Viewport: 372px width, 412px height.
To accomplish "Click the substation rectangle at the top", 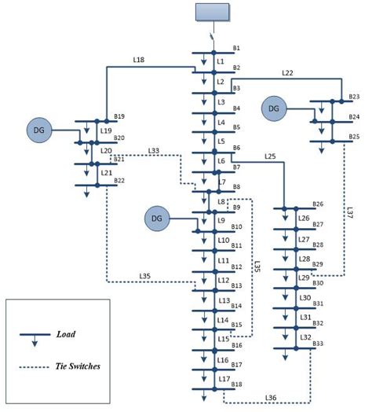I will [212, 12].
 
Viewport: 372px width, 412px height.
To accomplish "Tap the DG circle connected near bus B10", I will [157, 217].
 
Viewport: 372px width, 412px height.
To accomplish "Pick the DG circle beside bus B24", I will [275, 108].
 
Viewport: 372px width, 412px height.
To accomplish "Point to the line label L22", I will [287, 73].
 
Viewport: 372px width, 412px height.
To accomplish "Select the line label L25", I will [271, 156].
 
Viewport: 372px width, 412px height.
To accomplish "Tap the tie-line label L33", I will [153, 151].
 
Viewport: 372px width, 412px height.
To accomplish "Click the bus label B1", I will [236, 49].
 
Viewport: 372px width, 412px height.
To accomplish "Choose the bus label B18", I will [236, 384].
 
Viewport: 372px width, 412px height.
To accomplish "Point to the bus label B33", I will [318, 344].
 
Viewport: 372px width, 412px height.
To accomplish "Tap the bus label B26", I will [318, 204].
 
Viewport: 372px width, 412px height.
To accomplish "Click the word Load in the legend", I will [66, 334].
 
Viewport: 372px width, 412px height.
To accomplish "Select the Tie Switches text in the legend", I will [76, 366].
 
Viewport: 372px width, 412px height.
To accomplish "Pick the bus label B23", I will [355, 97].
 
